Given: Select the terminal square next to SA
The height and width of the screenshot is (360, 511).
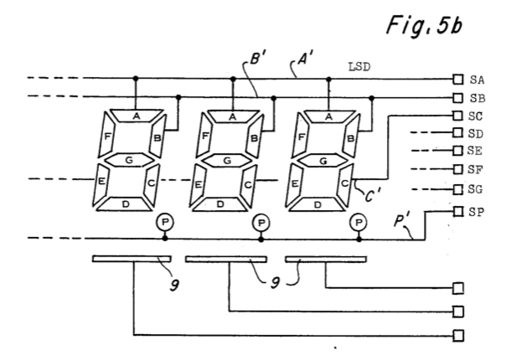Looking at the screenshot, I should (457, 80).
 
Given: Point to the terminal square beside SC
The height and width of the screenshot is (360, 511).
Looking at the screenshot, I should (457, 116).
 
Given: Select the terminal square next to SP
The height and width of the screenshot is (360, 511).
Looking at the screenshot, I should (457, 211).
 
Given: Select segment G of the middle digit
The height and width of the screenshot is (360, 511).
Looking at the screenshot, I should (232, 157).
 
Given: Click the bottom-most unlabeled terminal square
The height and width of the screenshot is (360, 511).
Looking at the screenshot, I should (457, 336).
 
